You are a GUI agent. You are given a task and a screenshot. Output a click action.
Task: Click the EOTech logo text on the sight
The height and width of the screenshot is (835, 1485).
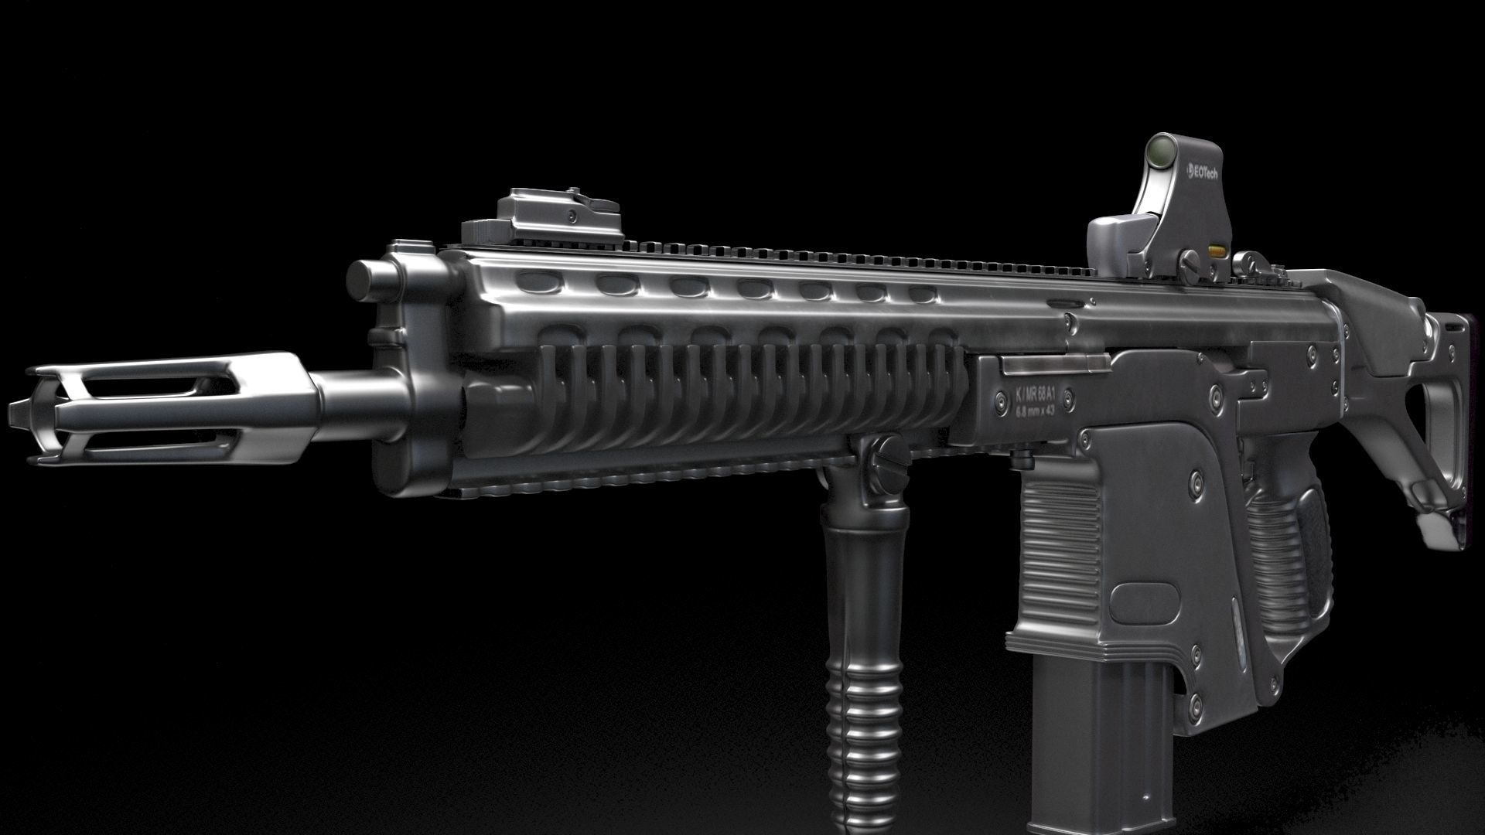1203,173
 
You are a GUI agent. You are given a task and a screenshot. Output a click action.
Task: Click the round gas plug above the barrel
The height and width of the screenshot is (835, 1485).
368,279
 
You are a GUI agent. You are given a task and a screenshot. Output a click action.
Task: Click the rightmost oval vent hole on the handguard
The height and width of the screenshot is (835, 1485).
921,295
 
